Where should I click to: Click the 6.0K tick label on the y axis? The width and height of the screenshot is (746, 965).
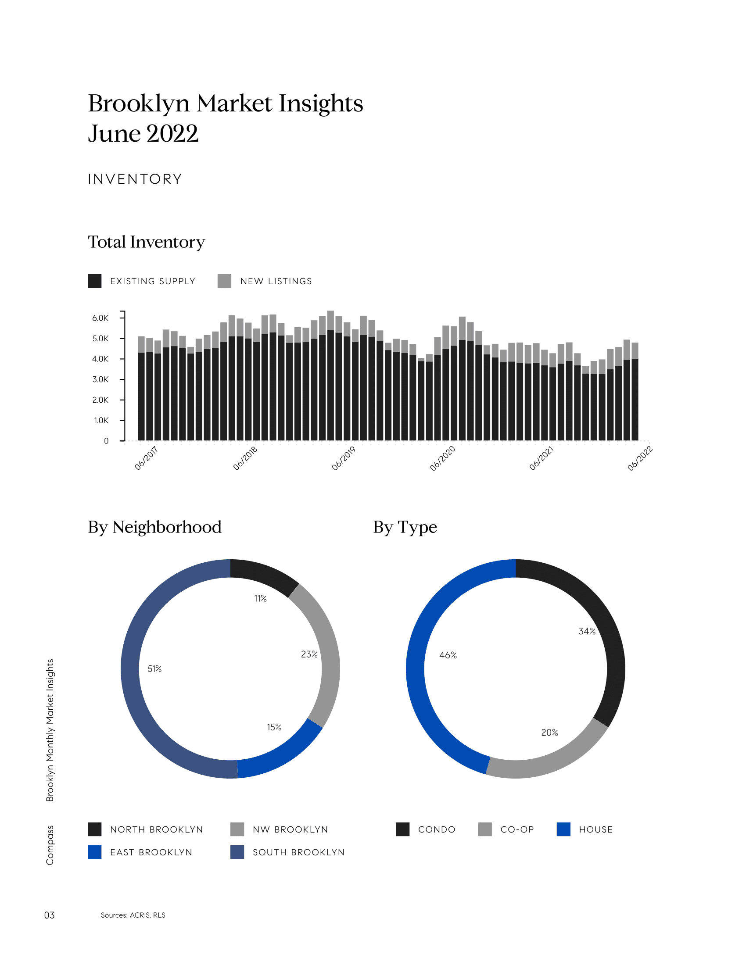[x=100, y=318]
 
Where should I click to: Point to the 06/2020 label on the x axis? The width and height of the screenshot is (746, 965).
[x=442, y=458]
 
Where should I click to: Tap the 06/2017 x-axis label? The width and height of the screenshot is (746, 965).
[x=146, y=458]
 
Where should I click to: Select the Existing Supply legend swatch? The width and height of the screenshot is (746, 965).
[x=95, y=281]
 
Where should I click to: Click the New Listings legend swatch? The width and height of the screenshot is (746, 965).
[x=225, y=281]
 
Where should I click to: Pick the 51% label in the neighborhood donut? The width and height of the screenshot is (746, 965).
[x=154, y=669]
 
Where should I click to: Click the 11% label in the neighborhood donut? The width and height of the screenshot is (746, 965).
[x=260, y=599]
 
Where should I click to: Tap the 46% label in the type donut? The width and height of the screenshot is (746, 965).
[x=448, y=655]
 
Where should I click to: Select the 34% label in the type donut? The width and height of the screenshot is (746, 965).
[x=587, y=631]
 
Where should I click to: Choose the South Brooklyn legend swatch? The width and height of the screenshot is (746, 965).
[x=237, y=852]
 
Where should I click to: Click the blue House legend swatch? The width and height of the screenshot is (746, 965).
[x=563, y=829]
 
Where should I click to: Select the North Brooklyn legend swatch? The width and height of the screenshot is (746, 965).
[x=95, y=829]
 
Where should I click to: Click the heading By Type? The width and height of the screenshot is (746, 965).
[x=405, y=527]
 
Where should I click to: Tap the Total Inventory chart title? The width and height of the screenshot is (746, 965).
[x=146, y=242]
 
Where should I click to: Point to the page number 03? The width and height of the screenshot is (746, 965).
[x=49, y=915]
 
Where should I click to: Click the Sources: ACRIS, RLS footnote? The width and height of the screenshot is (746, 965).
[x=133, y=915]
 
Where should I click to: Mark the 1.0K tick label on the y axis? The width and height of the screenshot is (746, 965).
[x=101, y=421]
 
